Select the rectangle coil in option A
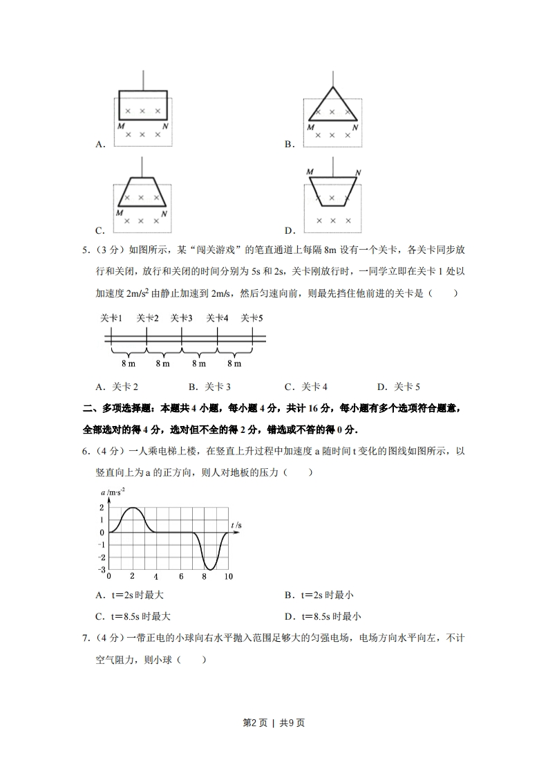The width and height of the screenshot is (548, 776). point(142,91)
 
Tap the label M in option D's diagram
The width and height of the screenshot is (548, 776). point(310,172)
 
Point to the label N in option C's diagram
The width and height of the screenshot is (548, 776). point(164,214)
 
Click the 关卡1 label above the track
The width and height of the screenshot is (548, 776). point(111,318)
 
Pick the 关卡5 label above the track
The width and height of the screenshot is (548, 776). point(252,318)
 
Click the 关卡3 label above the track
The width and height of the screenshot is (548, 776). point(181,318)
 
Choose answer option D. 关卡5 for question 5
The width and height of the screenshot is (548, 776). point(399,387)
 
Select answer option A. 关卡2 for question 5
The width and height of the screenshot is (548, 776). point(117,387)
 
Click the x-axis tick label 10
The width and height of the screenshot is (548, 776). point(228,576)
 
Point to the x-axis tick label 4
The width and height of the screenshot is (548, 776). point(156,576)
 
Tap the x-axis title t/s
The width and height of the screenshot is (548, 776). point(236,526)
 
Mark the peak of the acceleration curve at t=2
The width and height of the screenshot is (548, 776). point(132,508)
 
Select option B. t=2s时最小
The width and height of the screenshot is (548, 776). point(319,595)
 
